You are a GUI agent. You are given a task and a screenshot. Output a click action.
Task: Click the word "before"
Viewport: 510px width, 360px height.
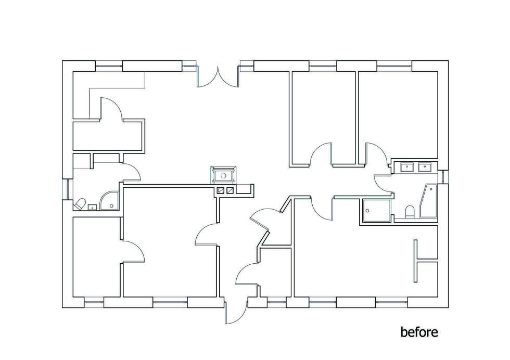[x=419, y=332]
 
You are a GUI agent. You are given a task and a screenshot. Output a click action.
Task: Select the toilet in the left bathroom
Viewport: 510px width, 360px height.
[x=80, y=204]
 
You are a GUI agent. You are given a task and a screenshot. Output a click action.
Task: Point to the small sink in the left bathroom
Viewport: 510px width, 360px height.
[x=93, y=207]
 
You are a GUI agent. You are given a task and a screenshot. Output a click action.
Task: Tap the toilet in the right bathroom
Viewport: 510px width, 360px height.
[x=410, y=211]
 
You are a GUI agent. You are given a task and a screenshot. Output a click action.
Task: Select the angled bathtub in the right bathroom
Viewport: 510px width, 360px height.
[x=429, y=201]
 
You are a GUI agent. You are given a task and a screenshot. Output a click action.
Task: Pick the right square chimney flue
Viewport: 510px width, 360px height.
[x=230, y=191]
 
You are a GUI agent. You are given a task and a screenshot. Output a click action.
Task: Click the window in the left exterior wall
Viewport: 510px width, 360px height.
[x=68, y=189]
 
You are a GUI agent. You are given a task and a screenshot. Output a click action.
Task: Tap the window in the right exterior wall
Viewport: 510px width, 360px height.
[x=443, y=176]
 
